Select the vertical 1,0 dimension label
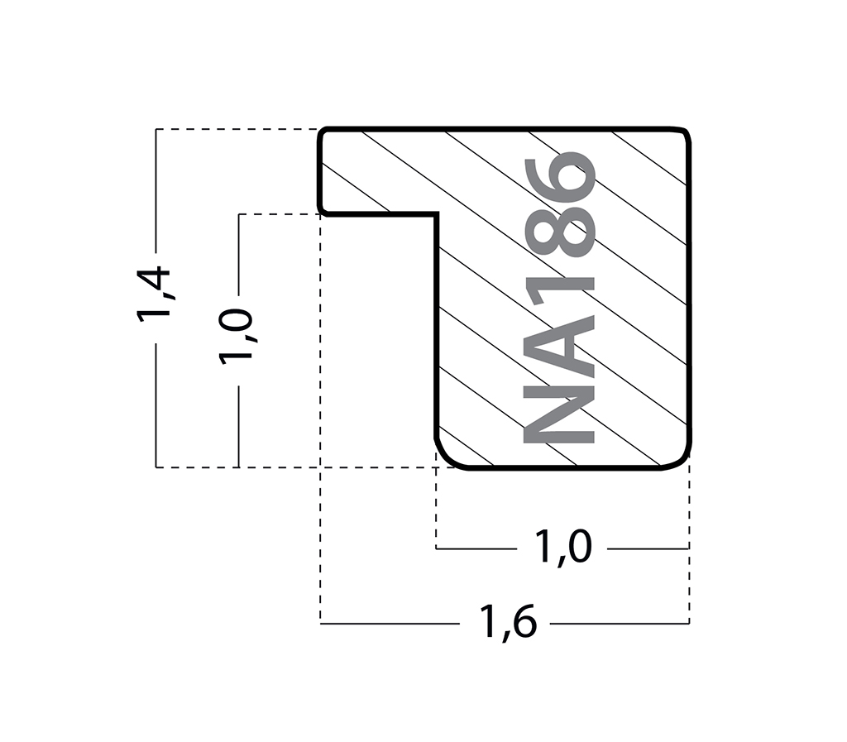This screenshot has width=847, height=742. [236, 335]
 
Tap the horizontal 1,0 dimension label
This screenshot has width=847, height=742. [562, 547]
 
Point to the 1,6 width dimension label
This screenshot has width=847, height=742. [509, 621]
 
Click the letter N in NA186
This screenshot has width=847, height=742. [559, 417]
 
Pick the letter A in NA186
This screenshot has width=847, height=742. [559, 347]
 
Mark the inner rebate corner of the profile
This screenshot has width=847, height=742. [437, 214]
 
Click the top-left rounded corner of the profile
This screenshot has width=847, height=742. [323, 132]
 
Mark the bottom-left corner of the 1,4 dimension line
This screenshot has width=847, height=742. [156, 467]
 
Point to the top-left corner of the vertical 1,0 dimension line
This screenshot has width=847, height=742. [239, 214]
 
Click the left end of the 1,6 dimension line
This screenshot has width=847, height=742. [320, 624]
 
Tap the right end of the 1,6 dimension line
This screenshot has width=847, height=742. [689, 624]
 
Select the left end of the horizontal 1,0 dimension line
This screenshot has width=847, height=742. [437, 548]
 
